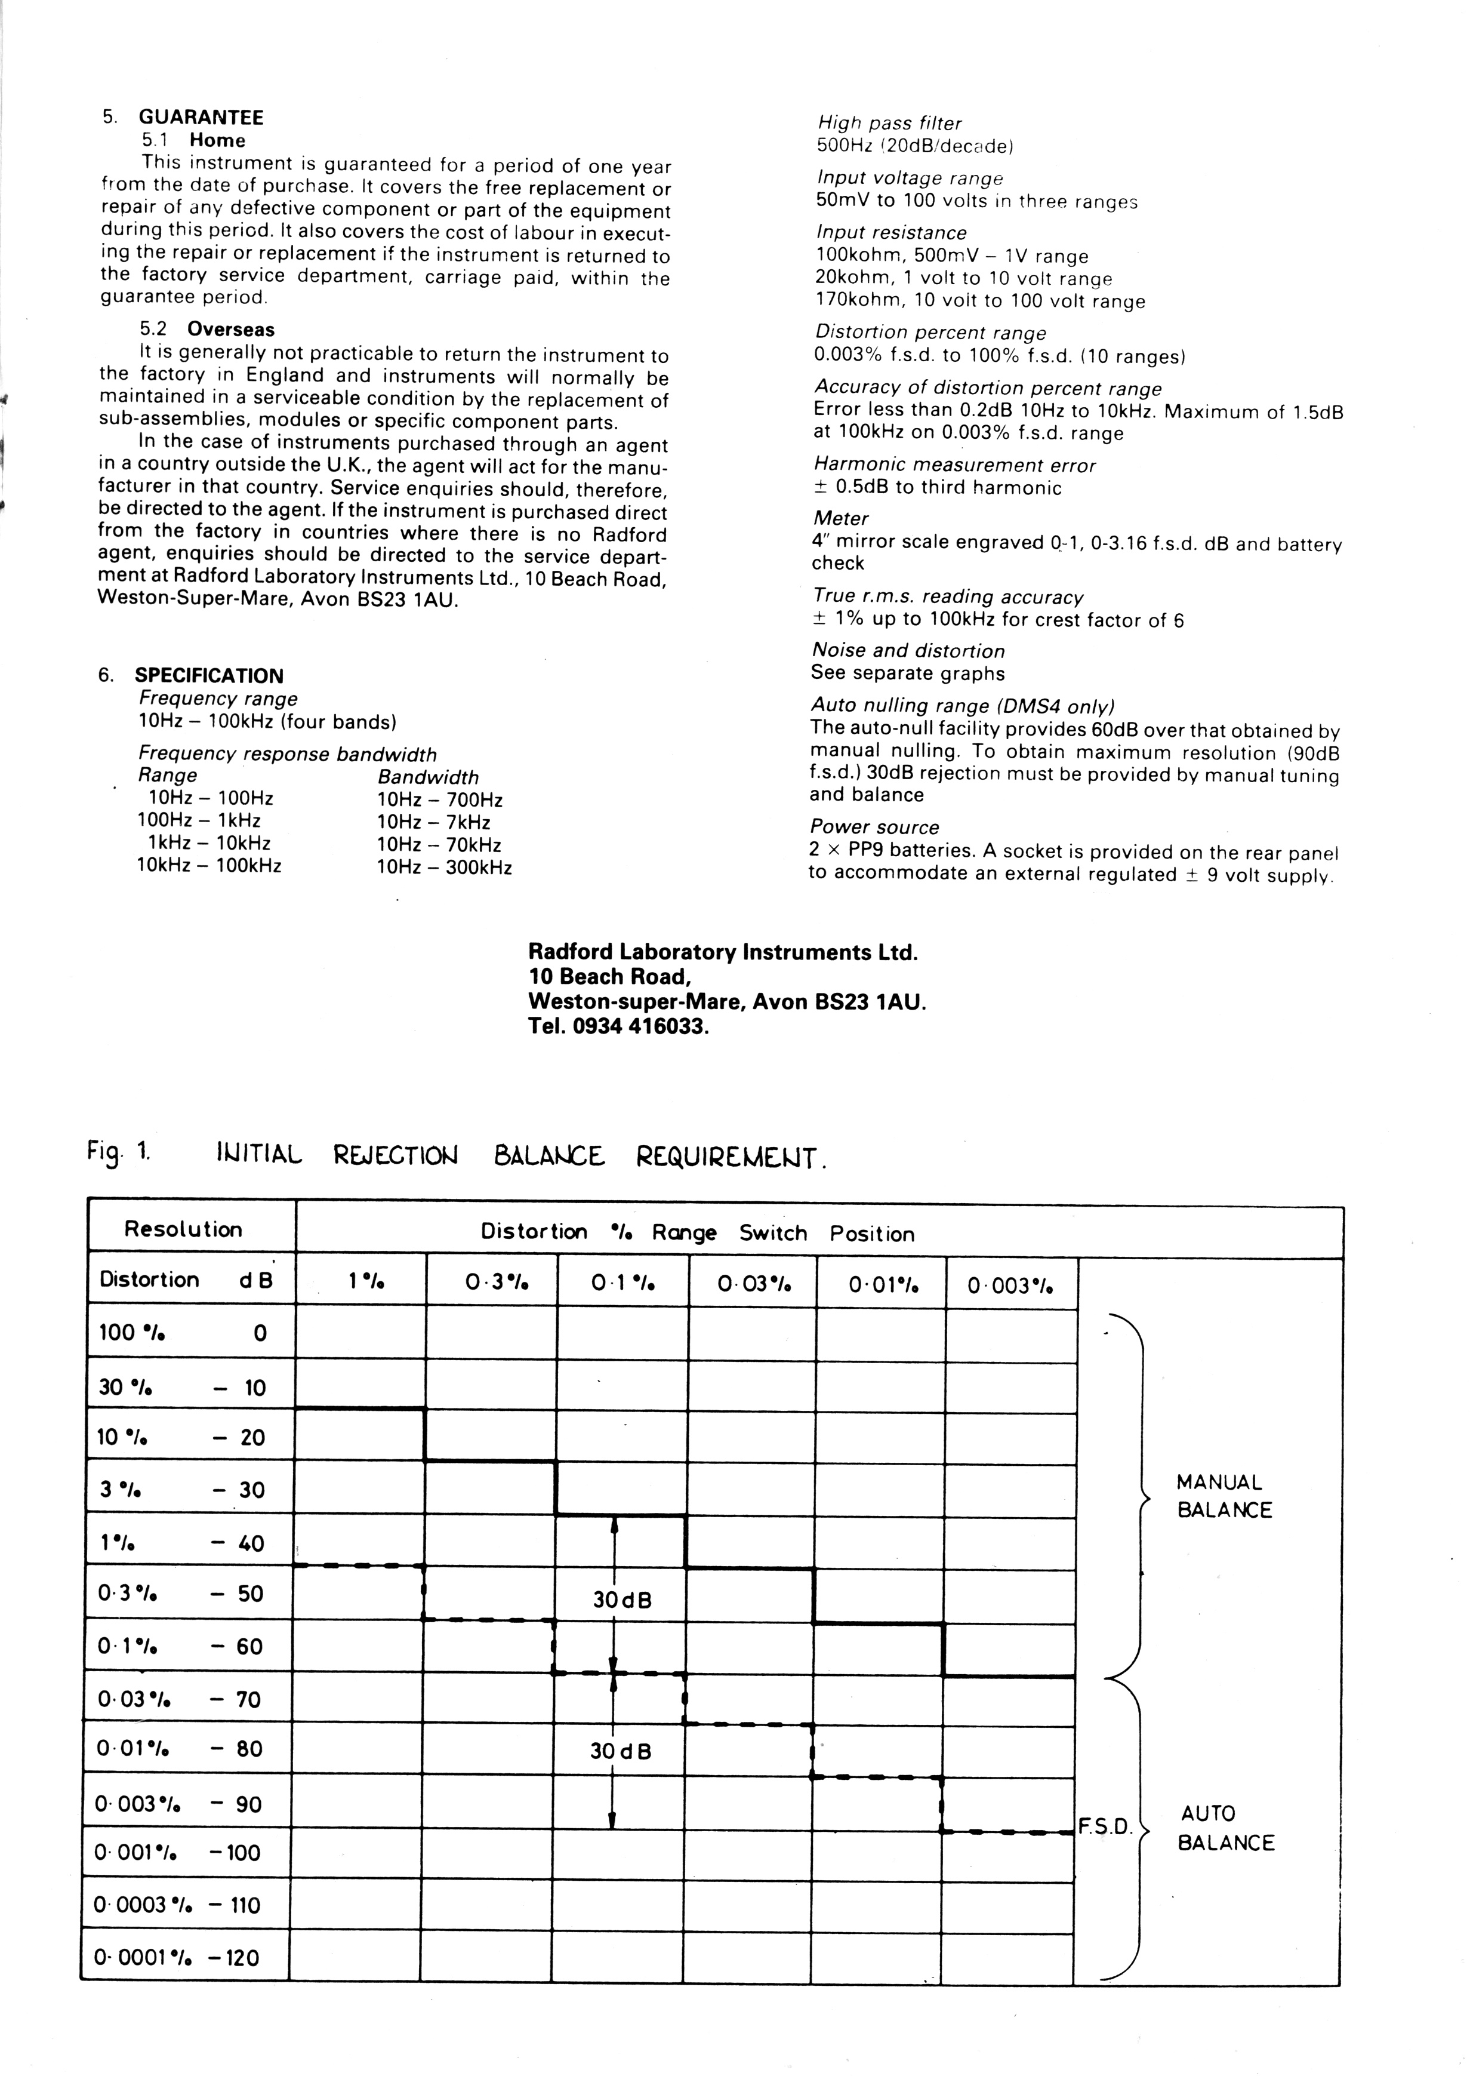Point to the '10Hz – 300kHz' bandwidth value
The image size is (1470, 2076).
[445, 868]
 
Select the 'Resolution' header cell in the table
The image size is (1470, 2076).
[184, 1229]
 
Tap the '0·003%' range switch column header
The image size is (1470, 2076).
[1010, 1285]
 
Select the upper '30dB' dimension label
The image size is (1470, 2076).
[622, 1600]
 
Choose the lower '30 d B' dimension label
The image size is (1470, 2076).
[620, 1751]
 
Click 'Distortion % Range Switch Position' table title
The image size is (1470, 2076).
[697, 1233]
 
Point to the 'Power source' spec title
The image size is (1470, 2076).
[874, 828]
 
